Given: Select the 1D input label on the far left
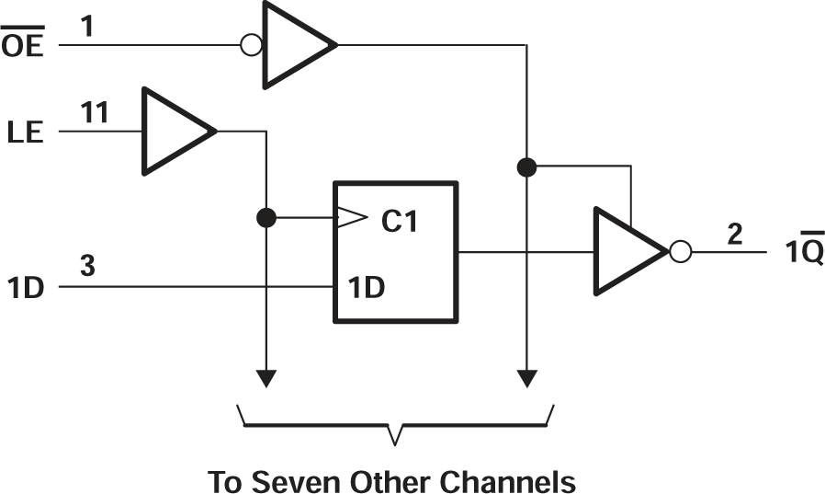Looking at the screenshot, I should pyautogui.click(x=25, y=287).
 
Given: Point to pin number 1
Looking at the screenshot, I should pyautogui.click(x=88, y=27).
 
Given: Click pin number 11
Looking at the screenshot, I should pyautogui.click(x=94, y=113).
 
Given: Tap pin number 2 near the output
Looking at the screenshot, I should pyautogui.click(x=734, y=234).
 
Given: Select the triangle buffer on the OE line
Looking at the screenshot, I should pyautogui.click(x=294, y=44).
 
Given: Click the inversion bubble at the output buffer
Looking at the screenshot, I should pyautogui.click(x=680, y=251).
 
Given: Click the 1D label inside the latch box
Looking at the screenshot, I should pyautogui.click(x=367, y=287).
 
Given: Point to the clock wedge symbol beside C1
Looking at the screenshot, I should pyautogui.click(x=349, y=218).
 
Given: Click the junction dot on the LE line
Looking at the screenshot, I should pyautogui.click(x=266, y=218).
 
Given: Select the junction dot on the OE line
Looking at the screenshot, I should pyautogui.click(x=526, y=167).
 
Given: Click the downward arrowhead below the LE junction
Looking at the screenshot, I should pyautogui.click(x=266, y=378).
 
